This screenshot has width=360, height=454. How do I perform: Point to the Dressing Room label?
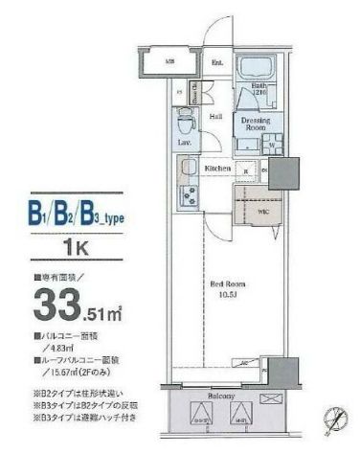(x=256, y=123)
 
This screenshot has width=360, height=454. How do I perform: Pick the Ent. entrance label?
(x=217, y=65)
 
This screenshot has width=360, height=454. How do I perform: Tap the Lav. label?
(x=183, y=143)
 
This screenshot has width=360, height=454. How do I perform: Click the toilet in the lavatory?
(x=185, y=125)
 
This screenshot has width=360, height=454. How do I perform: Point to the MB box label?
(x=169, y=64)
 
